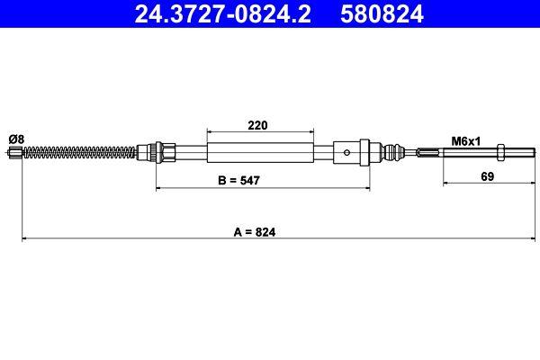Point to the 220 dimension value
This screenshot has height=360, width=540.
pos(259,125)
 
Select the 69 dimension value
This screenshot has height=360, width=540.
pos(487,176)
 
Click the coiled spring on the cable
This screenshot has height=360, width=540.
pos(81,153)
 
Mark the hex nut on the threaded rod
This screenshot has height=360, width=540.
pos(500,153)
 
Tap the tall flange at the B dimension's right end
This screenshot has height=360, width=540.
pos(364,152)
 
